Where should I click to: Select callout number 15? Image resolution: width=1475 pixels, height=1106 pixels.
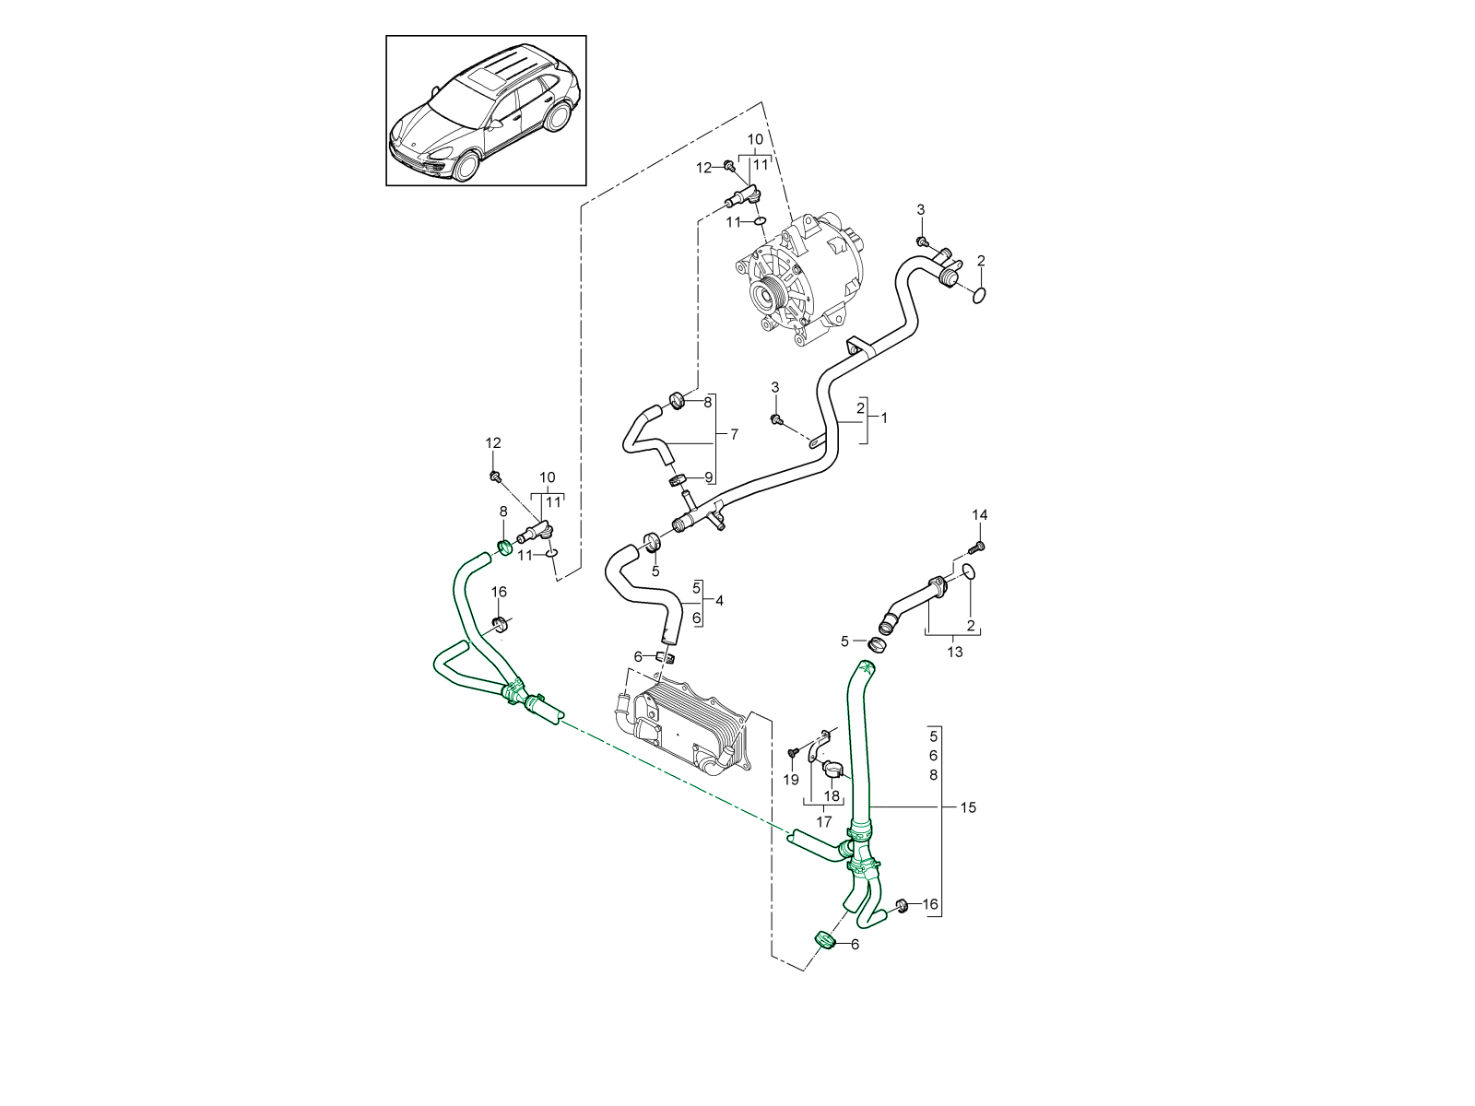(967, 807)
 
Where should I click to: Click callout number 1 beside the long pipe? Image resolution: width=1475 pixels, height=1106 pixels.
(884, 418)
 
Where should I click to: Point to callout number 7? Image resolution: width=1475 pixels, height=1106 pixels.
(734, 434)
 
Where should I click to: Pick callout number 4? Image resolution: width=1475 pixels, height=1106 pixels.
(719, 601)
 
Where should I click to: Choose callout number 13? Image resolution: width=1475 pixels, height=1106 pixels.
(954, 652)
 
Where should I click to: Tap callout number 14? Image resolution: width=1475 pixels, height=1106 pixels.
(980, 514)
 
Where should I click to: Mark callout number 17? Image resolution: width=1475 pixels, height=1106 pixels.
(824, 821)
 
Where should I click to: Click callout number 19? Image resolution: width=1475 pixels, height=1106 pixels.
(791, 780)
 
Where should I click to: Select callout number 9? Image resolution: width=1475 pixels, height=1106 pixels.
(709, 477)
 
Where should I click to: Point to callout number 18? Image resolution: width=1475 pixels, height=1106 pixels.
(832, 796)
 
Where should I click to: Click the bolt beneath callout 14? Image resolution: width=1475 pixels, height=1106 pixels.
(980, 547)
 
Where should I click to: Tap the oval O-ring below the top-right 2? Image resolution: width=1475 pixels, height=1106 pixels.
(980, 295)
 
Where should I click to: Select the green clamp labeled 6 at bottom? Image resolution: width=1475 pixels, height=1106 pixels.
(824, 939)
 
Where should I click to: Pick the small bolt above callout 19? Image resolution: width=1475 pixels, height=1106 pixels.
(791, 752)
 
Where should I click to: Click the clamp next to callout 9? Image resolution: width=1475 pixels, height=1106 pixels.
(678, 479)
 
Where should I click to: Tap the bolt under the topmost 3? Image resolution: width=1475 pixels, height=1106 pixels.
(921, 241)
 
